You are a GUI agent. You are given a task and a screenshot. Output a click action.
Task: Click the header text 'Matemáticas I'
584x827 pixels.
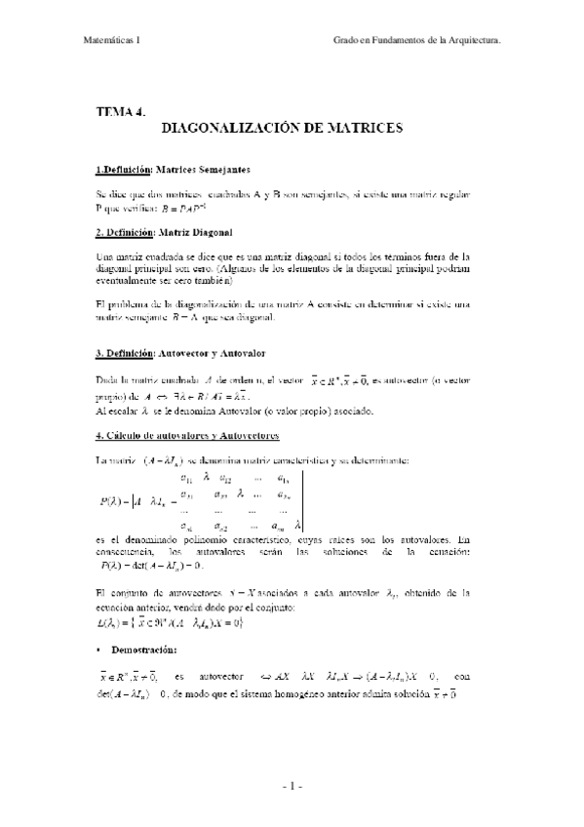point(110,40)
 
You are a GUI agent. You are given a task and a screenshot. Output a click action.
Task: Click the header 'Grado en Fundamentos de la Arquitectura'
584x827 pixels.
point(417,40)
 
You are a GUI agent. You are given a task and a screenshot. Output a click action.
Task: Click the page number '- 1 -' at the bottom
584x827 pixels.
point(292,784)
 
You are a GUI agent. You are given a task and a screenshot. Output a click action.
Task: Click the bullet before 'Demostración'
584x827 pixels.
point(100,649)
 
